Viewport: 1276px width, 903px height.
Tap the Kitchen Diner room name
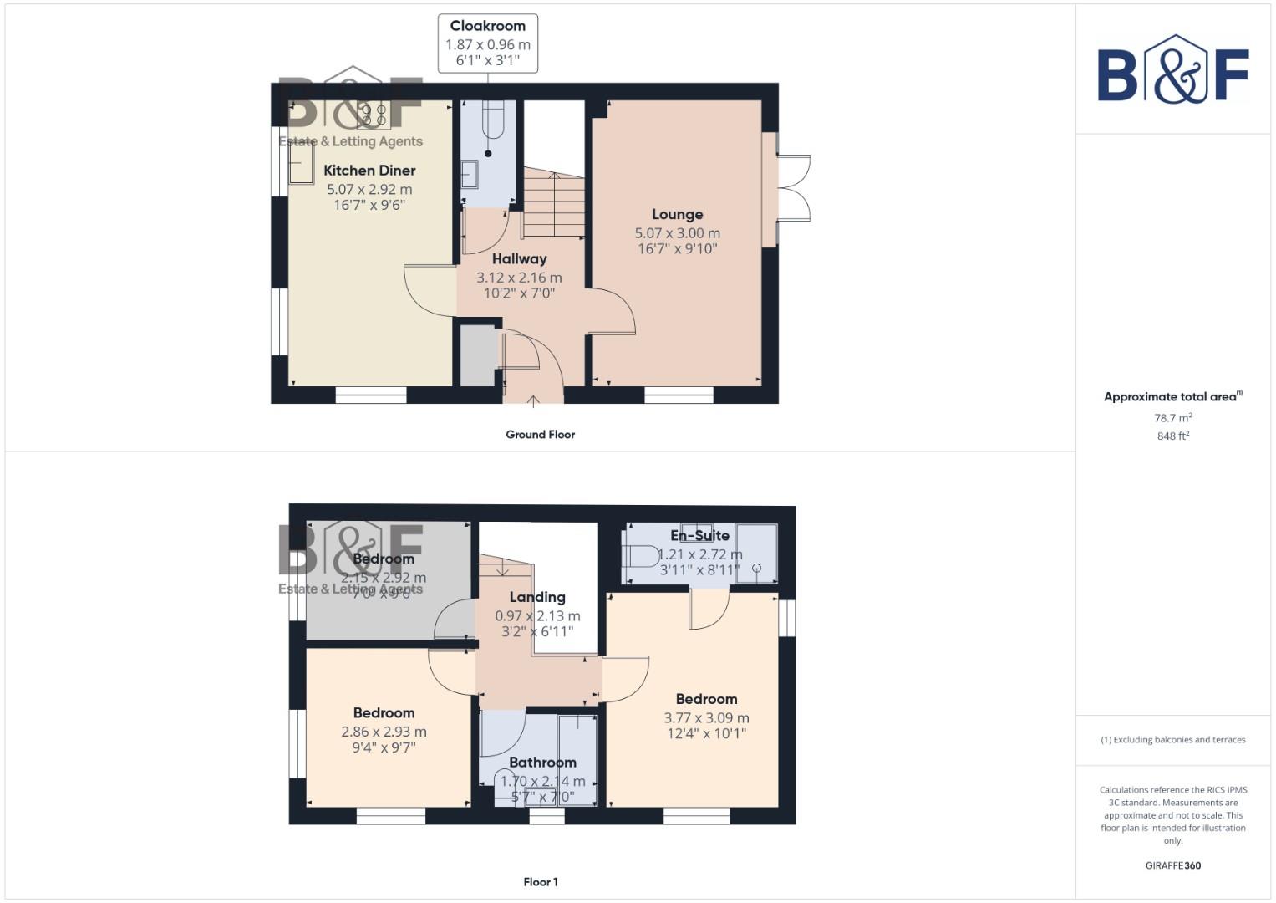coord(369,171)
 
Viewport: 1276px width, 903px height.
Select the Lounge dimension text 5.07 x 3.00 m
coord(677,233)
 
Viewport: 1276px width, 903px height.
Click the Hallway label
coord(519,259)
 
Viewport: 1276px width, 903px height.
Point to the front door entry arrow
coord(533,400)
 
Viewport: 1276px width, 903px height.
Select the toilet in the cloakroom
coord(492,119)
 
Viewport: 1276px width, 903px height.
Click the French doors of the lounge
coord(792,188)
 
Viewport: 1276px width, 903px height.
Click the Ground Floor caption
coord(540,435)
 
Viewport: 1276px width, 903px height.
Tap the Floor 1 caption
coord(540,882)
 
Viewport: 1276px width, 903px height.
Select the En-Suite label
coord(699,536)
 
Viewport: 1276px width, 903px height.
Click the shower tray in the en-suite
coord(755,554)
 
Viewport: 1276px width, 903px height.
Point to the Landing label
coord(537,597)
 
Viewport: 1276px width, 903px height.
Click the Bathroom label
coord(542,763)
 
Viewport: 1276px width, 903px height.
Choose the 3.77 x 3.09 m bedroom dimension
coord(706,717)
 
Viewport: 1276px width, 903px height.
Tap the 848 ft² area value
coord(1172,436)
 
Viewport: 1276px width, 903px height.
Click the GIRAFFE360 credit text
coord(1172,865)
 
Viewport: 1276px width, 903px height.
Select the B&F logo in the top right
coord(1172,69)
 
